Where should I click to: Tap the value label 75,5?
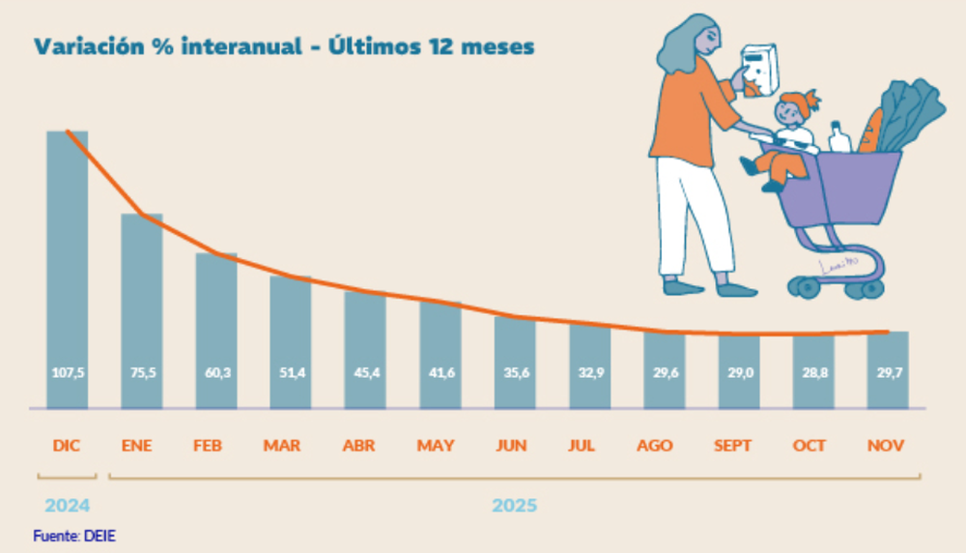point(141,372)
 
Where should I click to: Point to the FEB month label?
point(208,446)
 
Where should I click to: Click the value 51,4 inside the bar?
point(290,372)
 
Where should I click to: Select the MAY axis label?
point(436,446)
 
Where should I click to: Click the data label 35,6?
point(514,372)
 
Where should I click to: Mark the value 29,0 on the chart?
point(737,372)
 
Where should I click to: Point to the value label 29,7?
point(887,372)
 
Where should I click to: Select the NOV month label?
point(886,446)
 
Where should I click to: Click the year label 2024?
point(67,506)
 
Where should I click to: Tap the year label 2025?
point(514,506)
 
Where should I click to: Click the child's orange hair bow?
point(810,99)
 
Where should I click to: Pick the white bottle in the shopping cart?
point(839,137)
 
